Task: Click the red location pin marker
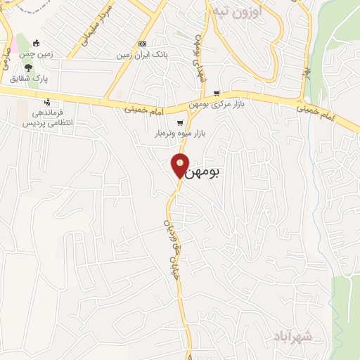tap(181, 164)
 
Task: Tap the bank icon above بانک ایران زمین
tap(143, 43)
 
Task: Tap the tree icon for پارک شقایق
tap(28, 67)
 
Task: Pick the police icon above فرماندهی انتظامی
tap(47, 102)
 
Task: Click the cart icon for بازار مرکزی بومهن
tap(217, 93)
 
